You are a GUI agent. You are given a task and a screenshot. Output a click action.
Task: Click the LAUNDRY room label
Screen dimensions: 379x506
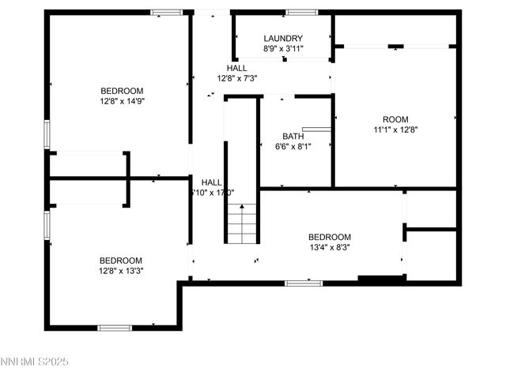pyautogui.click(x=283, y=39)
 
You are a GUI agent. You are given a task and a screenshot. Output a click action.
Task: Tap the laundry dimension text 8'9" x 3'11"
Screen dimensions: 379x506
pyautogui.click(x=283, y=49)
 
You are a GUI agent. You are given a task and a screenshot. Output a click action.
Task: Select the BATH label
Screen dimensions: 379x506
pyautogui.click(x=293, y=136)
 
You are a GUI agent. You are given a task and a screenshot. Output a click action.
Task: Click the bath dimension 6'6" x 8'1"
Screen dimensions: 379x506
pyautogui.click(x=293, y=146)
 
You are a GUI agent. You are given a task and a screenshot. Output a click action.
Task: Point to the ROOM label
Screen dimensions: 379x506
pyautogui.click(x=395, y=119)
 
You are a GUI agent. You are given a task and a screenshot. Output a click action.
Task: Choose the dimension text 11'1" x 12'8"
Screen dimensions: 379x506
pyautogui.click(x=395, y=129)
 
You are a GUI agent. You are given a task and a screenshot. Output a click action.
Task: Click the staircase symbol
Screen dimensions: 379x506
pyautogui.click(x=242, y=223)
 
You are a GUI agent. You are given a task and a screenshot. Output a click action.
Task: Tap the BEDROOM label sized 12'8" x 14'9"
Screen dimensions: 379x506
pyautogui.click(x=121, y=90)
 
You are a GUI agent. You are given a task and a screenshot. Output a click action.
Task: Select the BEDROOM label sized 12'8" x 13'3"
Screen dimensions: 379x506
pyautogui.click(x=120, y=261)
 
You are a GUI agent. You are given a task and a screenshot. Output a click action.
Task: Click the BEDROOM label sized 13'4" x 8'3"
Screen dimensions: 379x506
pyautogui.click(x=329, y=237)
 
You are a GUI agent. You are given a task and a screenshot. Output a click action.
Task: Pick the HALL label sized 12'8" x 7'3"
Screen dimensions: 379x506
pyautogui.click(x=236, y=68)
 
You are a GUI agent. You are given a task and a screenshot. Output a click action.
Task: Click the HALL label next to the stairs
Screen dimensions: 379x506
pyautogui.click(x=211, y=182)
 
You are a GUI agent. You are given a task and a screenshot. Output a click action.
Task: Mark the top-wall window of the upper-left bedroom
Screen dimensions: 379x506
pyautogui.click(x=166, y=12)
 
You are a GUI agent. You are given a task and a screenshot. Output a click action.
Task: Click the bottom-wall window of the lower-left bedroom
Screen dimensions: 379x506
pyautogui.click(x=114, y=328)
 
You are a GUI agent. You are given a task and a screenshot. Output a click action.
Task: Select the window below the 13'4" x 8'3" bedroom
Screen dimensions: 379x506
pyautogui.click(x=304, y=283)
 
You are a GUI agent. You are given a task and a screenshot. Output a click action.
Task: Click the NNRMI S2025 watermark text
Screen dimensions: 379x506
pyautogui.click(x=35, y=362)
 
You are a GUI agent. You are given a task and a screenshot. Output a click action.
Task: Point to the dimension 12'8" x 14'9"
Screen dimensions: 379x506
pyautogui.click(x=121, y=100)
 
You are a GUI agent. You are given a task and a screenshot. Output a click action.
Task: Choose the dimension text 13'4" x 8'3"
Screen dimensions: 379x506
pyautogui.click(x=329, y=247)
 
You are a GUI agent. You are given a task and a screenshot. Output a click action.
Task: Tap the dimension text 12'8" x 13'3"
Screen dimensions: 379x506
pyautogui.click(x=120, y=271)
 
